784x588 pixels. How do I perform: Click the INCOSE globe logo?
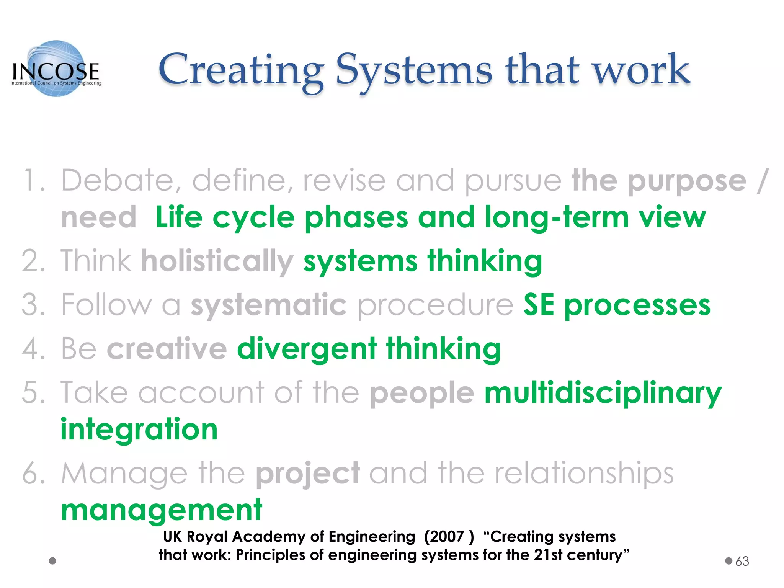56,69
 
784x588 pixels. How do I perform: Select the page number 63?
742,561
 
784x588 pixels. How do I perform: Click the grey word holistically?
217,261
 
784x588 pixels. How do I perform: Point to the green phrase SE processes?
617,305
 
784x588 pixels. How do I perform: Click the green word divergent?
307,349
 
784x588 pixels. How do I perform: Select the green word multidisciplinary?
603,393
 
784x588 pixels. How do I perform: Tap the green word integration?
139,430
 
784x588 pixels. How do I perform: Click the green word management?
162,510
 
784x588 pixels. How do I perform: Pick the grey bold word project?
307,474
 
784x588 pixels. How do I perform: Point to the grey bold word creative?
167,349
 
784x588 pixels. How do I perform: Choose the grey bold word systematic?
269,305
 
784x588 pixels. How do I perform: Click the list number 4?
33,349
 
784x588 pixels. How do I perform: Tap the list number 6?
33,474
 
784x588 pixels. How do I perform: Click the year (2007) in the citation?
449,537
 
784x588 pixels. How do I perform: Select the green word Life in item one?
179,217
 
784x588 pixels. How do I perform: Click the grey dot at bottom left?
53,561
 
